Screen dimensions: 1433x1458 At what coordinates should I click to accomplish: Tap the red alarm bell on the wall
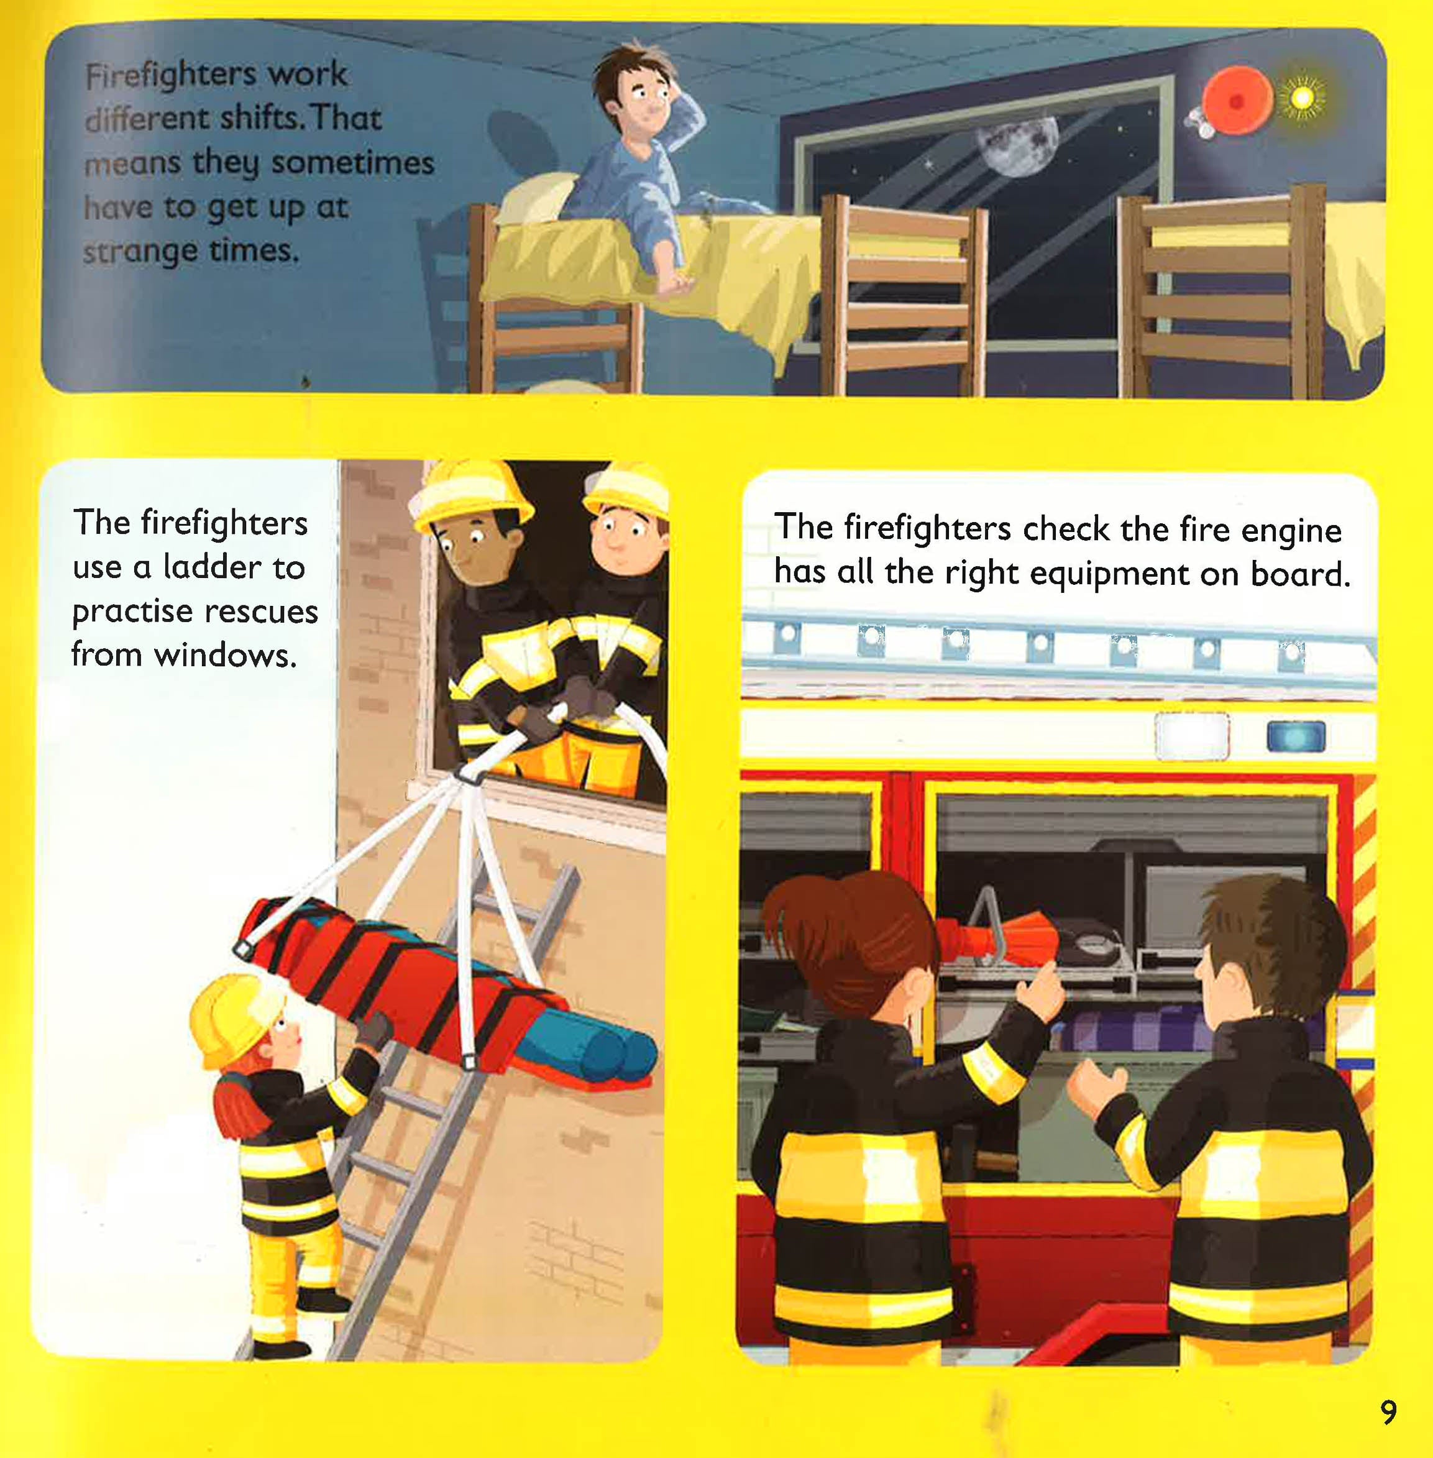(1237, 100)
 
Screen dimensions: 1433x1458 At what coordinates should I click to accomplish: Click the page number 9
(1389, 1411)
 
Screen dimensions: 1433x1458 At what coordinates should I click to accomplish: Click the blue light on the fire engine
(1297, 737)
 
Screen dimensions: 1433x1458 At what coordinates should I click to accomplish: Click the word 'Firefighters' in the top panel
(170, 75)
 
